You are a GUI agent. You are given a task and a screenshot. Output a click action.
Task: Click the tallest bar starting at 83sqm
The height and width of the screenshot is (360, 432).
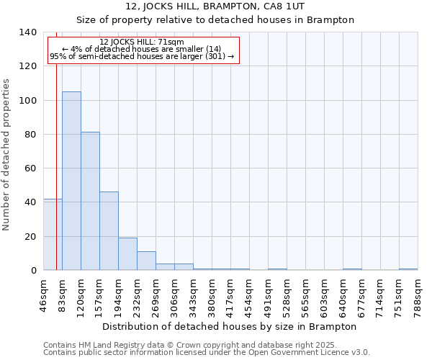(x=71, y=181)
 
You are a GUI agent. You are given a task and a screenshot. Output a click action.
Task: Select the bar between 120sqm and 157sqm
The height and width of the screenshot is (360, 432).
(x=90, y=201)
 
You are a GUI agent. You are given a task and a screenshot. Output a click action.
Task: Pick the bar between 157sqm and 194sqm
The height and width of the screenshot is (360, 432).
(x=109, y=230)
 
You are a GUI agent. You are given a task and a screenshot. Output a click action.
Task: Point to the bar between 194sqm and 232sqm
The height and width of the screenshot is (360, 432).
(x=127, y=253)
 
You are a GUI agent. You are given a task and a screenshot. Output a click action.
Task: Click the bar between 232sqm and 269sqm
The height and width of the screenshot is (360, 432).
(x=146, y=261)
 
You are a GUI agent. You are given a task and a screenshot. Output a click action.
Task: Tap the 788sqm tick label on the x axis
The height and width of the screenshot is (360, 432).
(x=418, y=294)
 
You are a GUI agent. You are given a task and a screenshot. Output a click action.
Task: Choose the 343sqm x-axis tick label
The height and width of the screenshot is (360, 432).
(x=193, y=294)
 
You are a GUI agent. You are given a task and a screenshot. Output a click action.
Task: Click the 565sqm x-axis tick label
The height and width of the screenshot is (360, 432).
(x=305, y=294)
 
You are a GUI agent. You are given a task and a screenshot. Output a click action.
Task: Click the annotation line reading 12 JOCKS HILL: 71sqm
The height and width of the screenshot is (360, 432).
(x=142, y=42)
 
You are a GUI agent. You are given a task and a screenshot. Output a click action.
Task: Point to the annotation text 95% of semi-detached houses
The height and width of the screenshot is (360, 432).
(x=142, y=56)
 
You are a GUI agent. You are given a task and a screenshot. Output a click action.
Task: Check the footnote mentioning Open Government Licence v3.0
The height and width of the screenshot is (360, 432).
(x=207, y=353)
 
